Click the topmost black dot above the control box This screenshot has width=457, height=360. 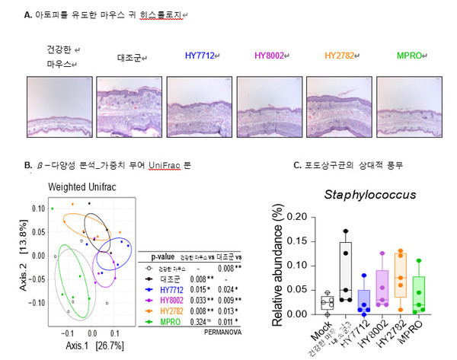(345, 231)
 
